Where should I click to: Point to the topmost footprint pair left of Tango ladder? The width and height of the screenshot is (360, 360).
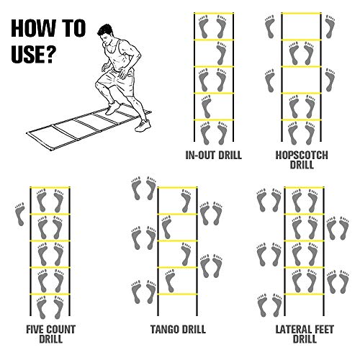click(x=144, y=189)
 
